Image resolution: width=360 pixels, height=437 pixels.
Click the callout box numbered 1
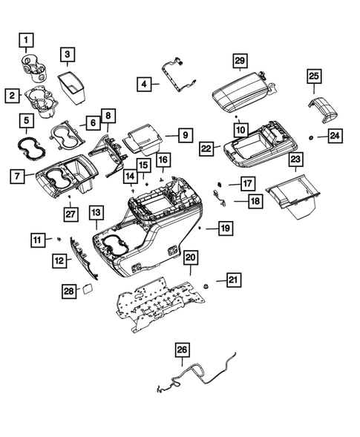point(27,39)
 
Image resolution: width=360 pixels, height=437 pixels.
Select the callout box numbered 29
point(239,62)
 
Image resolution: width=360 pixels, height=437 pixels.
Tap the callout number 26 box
point(183,349)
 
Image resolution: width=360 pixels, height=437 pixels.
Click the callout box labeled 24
point(336,136)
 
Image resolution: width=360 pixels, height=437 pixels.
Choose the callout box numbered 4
point(145,85)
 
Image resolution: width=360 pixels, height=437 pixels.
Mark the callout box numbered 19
point(221,229)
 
